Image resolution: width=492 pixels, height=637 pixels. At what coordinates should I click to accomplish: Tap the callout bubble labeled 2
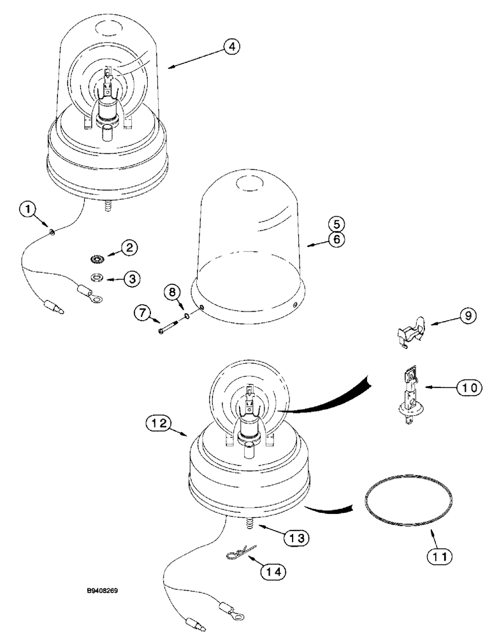point(129,248)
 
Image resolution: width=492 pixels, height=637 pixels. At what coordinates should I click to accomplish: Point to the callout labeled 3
point(129,278)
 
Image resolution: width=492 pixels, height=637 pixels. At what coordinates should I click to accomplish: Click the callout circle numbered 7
point(142,313)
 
